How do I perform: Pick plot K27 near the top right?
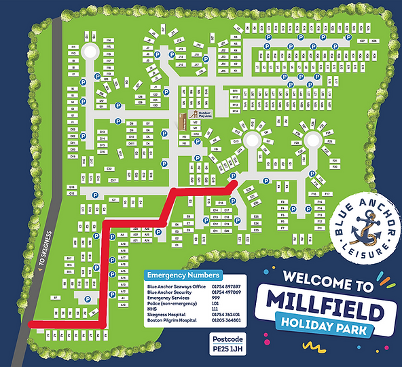point(363,42)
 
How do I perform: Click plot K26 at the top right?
point(374,42)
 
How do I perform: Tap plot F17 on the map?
point(327,194)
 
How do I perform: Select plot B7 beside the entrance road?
point(54,298)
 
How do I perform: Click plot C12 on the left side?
point(71,193)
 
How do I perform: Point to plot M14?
point(235,111)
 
